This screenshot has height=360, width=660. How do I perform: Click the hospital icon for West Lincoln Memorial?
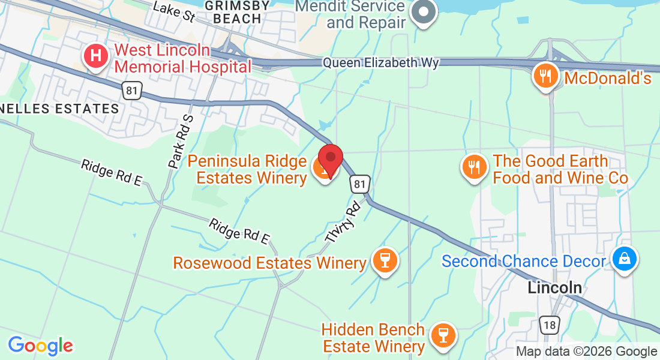click(x=95, y=57)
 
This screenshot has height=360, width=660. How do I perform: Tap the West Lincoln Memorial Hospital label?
click(x=182, y=58)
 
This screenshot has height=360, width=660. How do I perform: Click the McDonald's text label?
click(x=607, y=77)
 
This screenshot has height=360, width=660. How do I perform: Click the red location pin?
click(x=330, y=158)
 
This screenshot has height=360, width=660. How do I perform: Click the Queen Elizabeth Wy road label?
click(x=381, y=63)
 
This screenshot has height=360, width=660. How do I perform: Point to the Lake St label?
click(x=174, y=11)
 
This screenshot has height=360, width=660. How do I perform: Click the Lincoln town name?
click(x=554, y=287)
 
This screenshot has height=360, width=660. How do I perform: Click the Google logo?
click(x=40, y=346)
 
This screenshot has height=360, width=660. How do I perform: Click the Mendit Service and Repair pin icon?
click(x=424, y=12)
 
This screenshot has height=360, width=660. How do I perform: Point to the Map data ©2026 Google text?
click(x=586, y=352)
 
